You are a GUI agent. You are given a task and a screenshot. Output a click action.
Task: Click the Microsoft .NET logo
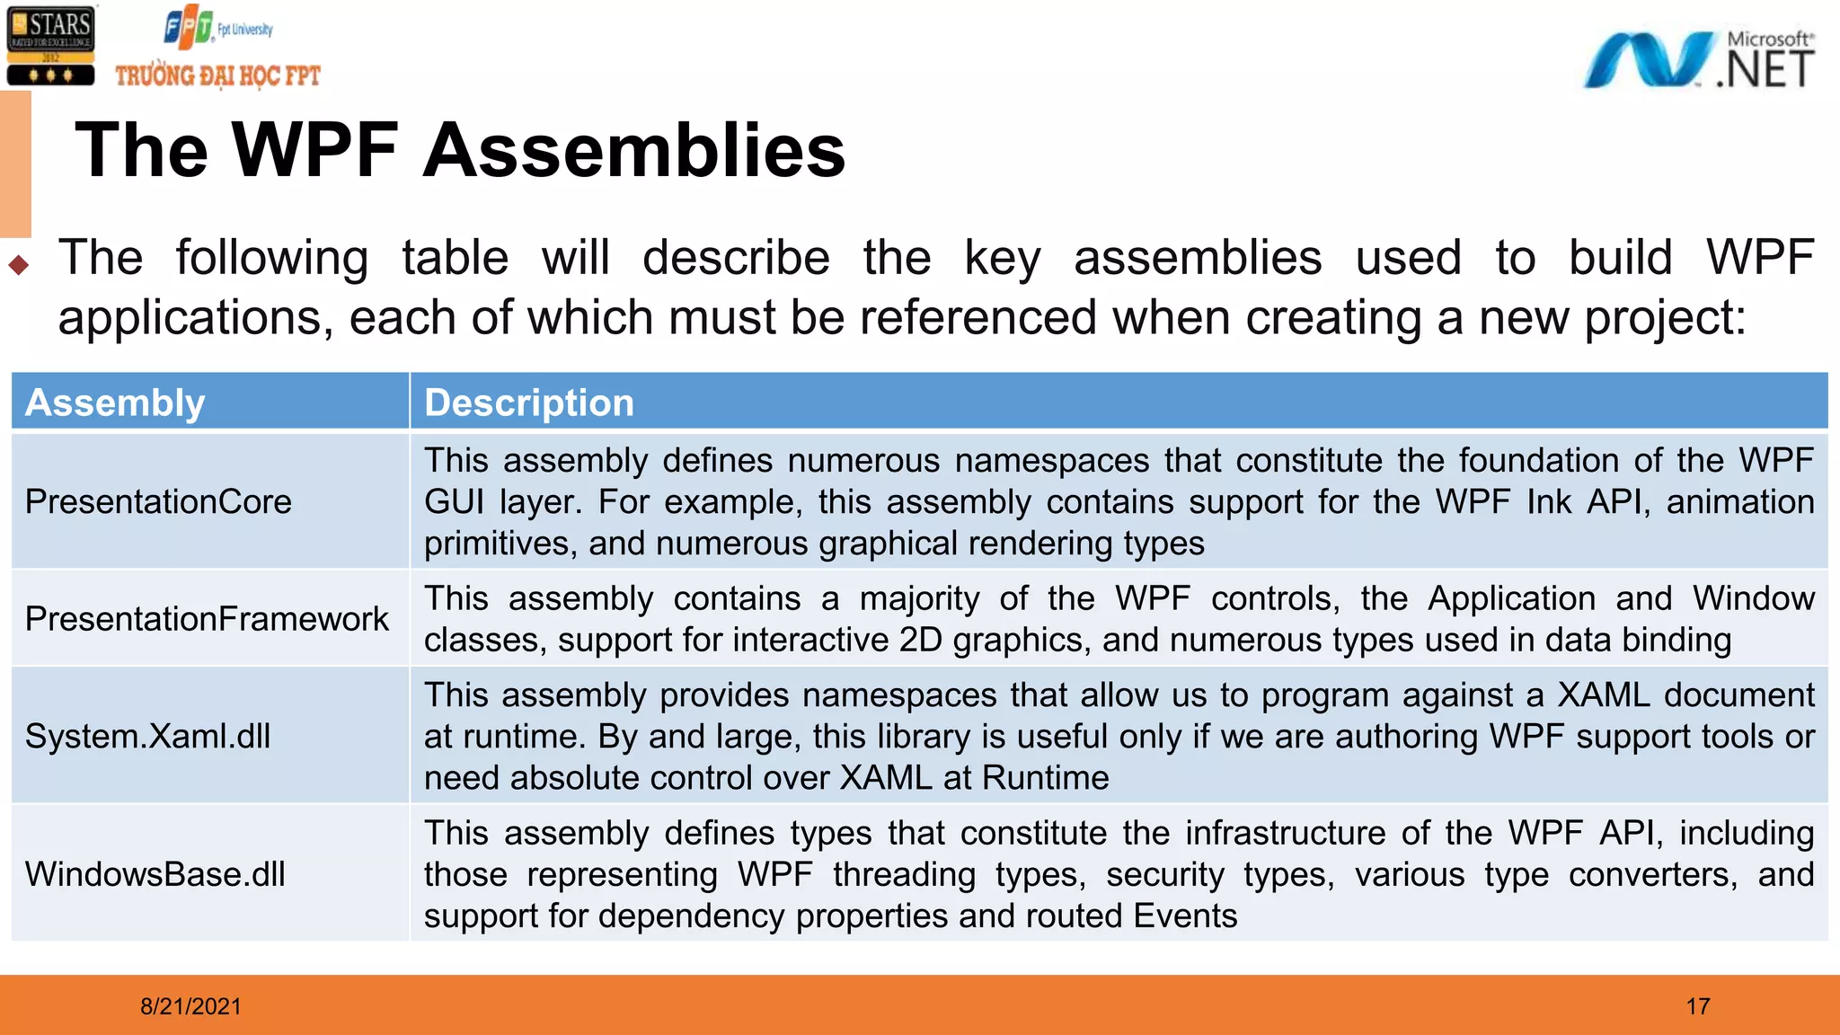1698,60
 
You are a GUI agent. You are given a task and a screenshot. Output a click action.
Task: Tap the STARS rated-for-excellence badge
50,46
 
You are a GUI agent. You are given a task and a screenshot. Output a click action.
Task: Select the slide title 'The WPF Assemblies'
460,150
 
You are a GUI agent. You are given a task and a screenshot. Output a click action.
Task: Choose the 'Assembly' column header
115,402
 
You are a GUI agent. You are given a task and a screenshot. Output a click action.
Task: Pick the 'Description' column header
528,402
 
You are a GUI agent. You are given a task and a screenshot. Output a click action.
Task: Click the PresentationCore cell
158,501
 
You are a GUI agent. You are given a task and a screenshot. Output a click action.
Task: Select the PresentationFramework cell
207,619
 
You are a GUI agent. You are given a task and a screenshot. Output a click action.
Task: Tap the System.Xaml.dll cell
147,737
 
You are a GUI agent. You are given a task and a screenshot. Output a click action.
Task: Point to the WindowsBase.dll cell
155,874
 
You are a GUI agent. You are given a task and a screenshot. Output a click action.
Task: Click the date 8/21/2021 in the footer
190,1006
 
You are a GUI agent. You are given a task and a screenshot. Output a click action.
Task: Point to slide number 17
1697,1006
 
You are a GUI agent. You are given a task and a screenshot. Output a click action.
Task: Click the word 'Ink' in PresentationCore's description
1549,502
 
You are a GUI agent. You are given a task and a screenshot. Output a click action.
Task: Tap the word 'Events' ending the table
1185,916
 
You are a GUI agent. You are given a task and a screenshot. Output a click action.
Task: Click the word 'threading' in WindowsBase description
904,875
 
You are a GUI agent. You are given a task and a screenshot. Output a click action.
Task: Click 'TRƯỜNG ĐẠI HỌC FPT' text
217,75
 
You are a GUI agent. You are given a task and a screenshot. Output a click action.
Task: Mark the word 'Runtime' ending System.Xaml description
1046,778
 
